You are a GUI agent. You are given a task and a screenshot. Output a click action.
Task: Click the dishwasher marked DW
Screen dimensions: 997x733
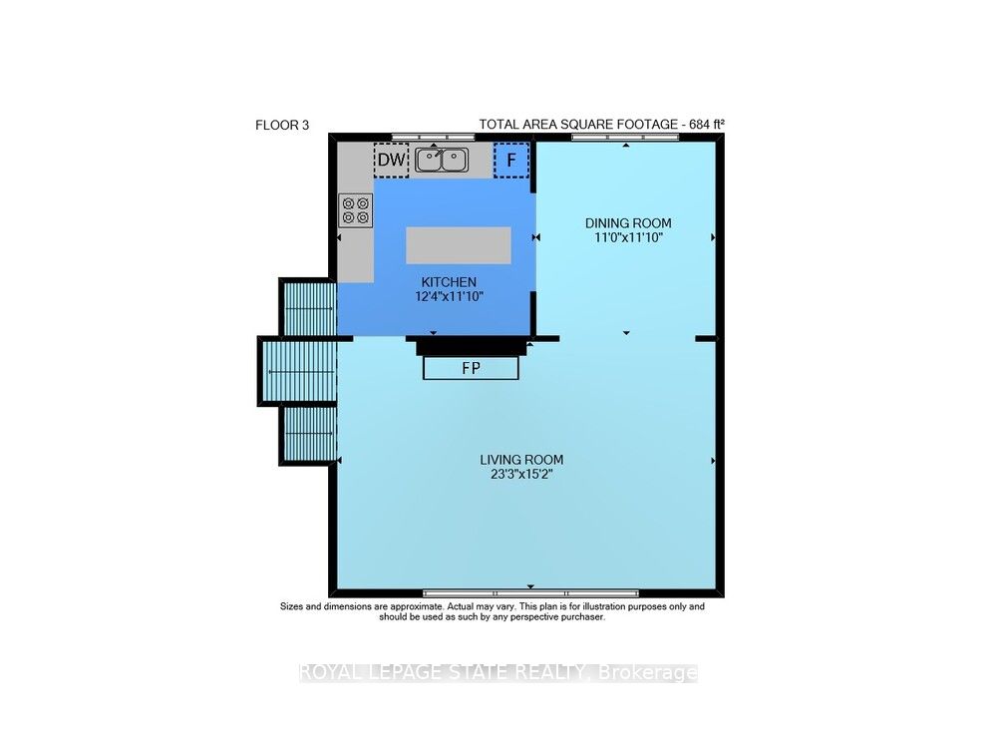point(391,160)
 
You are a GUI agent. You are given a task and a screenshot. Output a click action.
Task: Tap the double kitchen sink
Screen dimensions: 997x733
point(442,160)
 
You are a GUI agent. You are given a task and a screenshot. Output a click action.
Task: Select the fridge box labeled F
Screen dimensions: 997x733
point(511,160)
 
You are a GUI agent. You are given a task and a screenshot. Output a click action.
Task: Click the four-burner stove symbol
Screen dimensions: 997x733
point(356,210)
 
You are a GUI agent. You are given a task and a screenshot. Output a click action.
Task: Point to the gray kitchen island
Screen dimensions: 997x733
point(459,245)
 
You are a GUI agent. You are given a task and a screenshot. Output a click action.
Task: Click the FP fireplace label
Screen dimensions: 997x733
point(472,368)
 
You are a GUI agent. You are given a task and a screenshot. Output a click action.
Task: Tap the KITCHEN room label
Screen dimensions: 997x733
point(449,282)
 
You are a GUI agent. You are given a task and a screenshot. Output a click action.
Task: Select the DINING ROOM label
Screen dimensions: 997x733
point(628,223)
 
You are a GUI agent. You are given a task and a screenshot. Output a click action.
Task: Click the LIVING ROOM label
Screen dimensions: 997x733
point(521,460)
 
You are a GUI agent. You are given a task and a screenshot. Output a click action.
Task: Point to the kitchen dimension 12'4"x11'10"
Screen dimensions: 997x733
point(449,296)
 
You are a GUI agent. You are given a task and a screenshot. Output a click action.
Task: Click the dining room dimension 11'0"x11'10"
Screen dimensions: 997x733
point(628,238)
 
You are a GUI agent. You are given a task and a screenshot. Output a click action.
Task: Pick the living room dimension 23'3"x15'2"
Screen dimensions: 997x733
point(521,474)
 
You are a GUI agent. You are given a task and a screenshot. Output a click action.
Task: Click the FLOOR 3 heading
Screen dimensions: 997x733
point(282,126)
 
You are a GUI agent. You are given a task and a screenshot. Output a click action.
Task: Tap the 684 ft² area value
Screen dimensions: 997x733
point(708,124)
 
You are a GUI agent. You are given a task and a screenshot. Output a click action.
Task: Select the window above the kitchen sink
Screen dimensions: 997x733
point(433,137)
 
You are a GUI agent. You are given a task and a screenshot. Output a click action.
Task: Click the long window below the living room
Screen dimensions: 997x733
point(531,593)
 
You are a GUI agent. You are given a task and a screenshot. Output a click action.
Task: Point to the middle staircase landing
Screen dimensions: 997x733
point(297,371)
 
